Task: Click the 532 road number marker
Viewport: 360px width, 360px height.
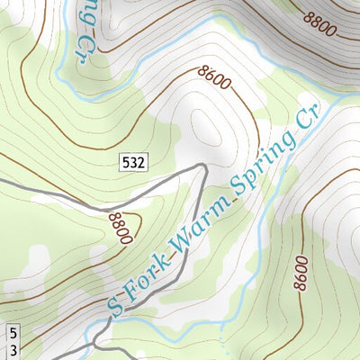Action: pos(132,162)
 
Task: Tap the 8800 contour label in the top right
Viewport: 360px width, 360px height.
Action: pos(319,22)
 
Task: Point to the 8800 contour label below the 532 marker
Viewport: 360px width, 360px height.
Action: pos(119,227)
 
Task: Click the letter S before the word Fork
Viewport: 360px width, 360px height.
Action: pos(115,305)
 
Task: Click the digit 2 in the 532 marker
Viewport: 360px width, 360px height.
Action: pos(140,162)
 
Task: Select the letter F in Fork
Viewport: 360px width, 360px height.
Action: pos(131,292)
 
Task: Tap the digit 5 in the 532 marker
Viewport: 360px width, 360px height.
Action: pos(125,162)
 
